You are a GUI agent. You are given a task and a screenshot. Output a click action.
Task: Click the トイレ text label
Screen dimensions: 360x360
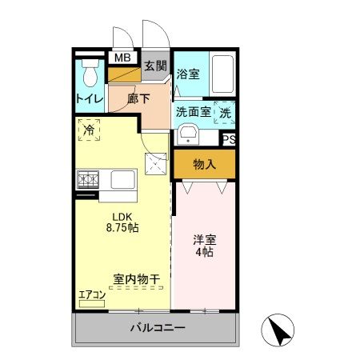[89, 99]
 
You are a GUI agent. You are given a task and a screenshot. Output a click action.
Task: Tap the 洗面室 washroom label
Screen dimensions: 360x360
[193, 112]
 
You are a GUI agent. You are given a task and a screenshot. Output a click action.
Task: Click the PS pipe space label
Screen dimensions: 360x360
[229, 138]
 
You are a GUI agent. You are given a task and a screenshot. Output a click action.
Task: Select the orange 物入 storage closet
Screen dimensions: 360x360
[205, 165]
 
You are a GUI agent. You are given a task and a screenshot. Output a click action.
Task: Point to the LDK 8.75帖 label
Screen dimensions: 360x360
[122, 222]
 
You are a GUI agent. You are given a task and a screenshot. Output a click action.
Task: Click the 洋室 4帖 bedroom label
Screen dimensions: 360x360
[205, 246]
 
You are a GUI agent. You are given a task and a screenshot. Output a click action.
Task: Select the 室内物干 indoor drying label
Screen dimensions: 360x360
[136, 279]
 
